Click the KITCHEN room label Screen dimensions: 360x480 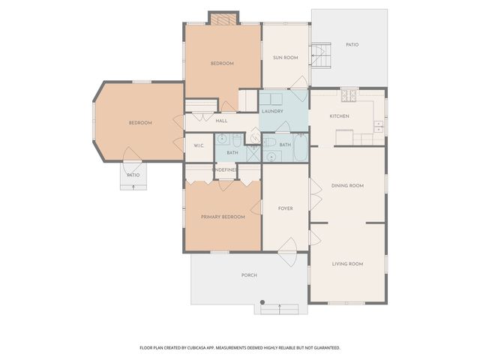coord(340,116)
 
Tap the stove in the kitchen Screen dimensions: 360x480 coord(349,95)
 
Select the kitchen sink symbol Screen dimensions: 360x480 coord(379,126)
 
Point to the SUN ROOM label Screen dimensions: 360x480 coord(285,57)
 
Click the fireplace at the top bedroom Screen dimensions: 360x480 coord(223,19)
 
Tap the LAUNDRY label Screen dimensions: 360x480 coord(272,112)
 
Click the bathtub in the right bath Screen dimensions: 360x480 coord(300,148)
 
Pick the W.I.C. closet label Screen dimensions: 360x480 coord(199,145)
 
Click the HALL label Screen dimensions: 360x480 coord(221,121)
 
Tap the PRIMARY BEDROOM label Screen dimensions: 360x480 coord(223,217)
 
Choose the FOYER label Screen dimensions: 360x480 coord(285,208)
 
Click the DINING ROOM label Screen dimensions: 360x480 coord(347,185)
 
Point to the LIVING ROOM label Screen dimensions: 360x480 coord(347,264)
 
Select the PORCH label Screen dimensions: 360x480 coord(249,275)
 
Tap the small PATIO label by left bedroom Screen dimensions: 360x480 coord(133,175)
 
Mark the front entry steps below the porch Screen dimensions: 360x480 coord(279,307)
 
